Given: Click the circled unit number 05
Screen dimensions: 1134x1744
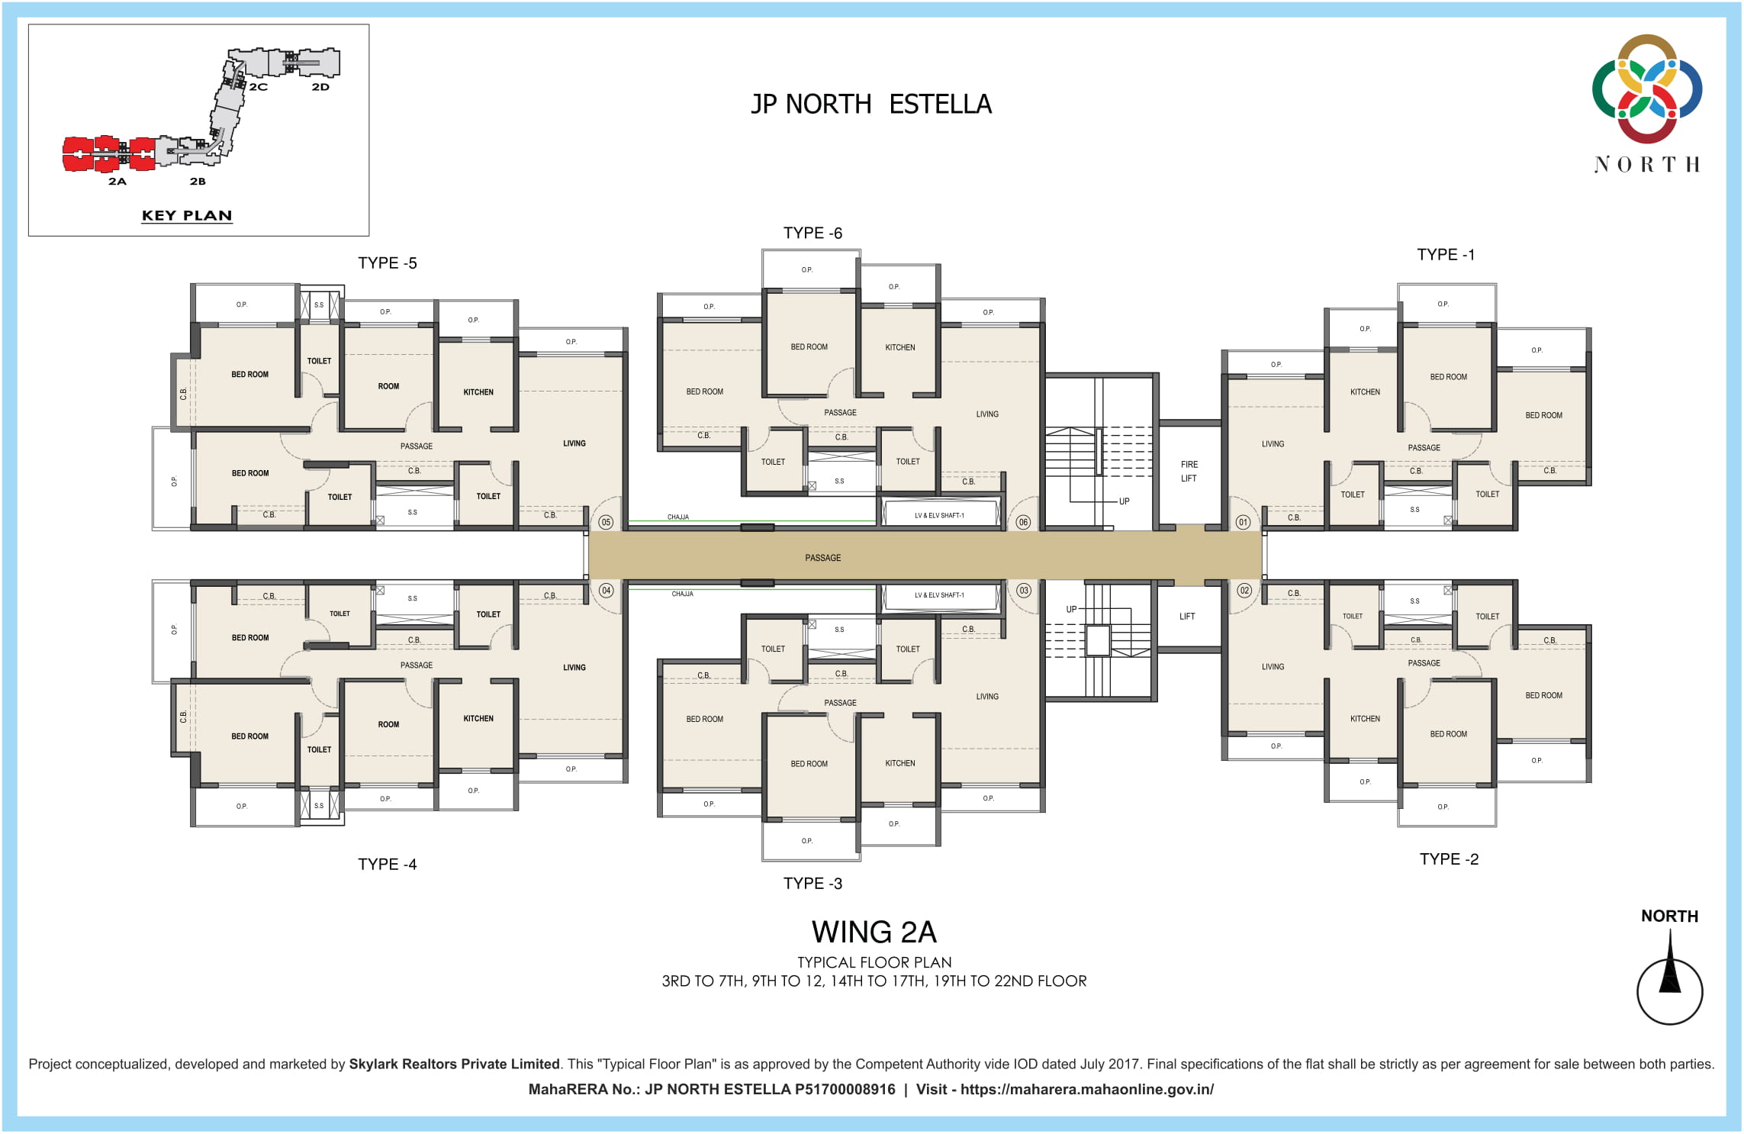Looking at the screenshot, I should [606, 522].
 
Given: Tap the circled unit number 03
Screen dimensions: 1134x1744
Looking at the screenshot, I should [1023, 591].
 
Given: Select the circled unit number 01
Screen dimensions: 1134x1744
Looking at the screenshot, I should [1243, 522].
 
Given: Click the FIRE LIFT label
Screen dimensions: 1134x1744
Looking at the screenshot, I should [1189, 472].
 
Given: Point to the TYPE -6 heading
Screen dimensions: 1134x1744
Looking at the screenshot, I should [812, 233].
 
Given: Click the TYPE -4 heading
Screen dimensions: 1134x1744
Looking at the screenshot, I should [388, 864].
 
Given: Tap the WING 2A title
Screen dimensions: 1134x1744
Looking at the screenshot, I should [874, 932].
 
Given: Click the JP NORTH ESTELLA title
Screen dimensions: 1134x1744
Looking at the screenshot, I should [871, 104].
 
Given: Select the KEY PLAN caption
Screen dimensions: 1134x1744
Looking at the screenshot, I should [187, 215].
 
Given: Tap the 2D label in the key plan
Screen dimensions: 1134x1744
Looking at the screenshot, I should [320, 87].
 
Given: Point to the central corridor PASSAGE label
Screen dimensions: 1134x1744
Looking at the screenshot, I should [822, 558].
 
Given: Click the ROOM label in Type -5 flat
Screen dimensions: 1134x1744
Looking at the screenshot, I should [388, 386].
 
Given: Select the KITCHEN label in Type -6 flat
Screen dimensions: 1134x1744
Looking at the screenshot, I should [899, 347].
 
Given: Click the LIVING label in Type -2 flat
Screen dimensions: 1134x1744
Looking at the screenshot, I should [1273, 667].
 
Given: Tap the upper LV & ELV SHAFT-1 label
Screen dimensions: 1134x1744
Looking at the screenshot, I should [939, 516].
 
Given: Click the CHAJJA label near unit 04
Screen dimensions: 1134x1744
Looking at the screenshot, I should [682, 594].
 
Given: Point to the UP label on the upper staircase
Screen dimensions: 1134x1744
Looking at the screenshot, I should [1124, 501].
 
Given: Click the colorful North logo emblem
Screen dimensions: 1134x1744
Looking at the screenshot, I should [1647, 89].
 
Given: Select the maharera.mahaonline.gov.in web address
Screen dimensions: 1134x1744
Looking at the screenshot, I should [1086, 1089].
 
